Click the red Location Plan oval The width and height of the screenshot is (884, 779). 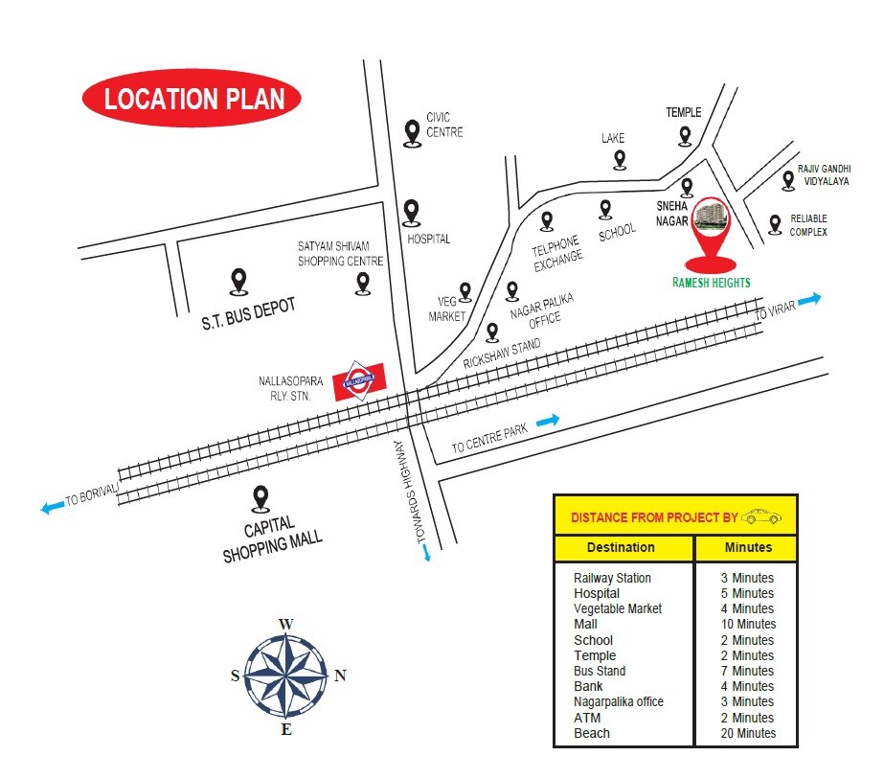pyautogui.click(x=192, y=99)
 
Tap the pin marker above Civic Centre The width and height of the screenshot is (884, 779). pyautogui.click(x=412, y=132)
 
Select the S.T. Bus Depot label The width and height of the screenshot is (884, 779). pyautogui.click(x=248, y=313)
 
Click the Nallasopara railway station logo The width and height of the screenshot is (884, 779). pyautogui.click(x=360, y=380)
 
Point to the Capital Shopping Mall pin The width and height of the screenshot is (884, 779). pyautogui.click(x=260, y=499)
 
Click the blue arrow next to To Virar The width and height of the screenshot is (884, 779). pyautogui.click(x=809, y=299)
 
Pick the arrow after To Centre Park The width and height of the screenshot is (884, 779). pyautogui.click(x=548, y=420)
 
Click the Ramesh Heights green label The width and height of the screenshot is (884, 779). pyautogui.click(x=710, y=283)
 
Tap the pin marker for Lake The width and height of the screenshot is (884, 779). pyautogui.click(x=620, y=159)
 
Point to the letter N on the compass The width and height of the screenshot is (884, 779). pyautogui.click(x=340, y=676)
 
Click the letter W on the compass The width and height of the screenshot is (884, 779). pyautogui.click(x=285, y=625)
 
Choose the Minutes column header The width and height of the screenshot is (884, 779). pyautogui.click(x=746, y=547)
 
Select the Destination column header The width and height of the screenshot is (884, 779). pyautogui.click(x=621, y=547)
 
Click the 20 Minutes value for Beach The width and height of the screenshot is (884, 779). pyautogui.click(x=748, y=733)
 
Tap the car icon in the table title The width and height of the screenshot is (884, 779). pyautogui.click(x=761, y=516)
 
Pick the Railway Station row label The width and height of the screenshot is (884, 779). pyautogui.click(x=612, y=578)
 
